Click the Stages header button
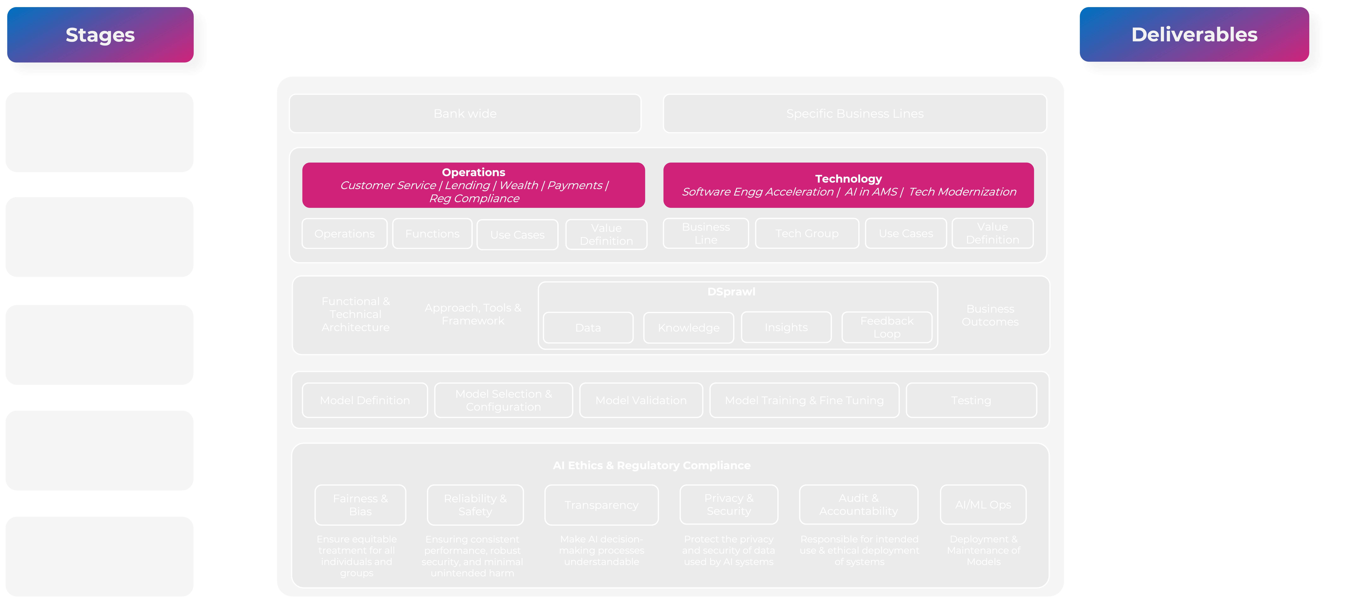coord(100,35)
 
